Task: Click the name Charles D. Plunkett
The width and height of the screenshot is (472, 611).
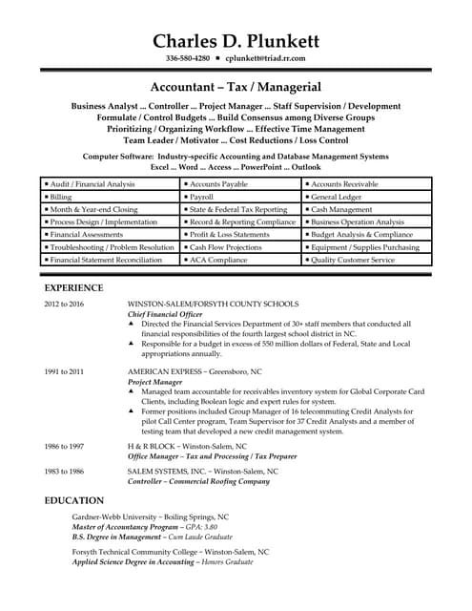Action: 236,41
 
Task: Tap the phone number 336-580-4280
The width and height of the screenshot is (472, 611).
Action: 187,59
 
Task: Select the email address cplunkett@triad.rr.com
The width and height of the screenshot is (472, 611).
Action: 265,59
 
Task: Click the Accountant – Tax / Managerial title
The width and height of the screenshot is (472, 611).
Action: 236,86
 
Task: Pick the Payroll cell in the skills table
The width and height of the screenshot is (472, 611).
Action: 208,196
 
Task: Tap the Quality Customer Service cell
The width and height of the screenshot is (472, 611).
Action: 353,260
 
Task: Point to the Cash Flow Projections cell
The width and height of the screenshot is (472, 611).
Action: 225,246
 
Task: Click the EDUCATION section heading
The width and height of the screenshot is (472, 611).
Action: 74,500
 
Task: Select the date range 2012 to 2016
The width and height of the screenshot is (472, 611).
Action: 64,304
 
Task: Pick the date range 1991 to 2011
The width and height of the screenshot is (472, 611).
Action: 64,370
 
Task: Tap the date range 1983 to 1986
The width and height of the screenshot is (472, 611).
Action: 64,471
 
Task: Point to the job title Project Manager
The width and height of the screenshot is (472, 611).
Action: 154,381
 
